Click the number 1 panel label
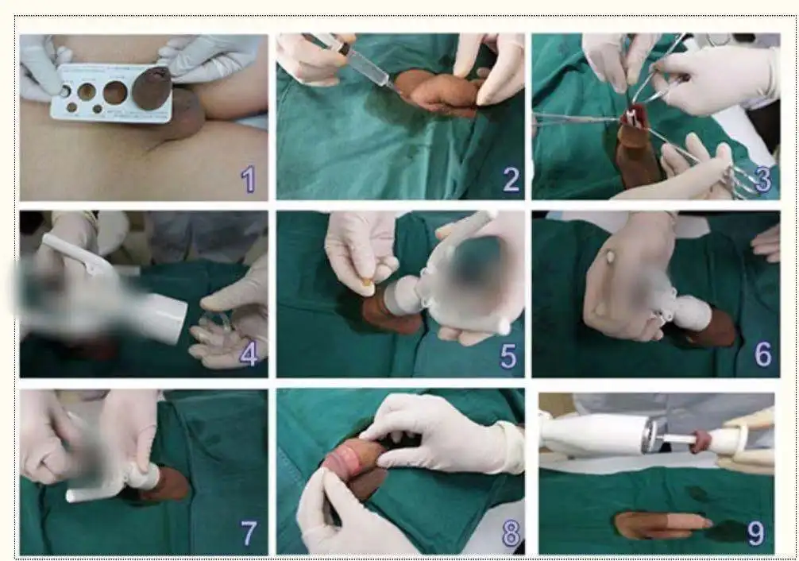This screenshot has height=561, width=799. pyautogui.click(x=249, y=180)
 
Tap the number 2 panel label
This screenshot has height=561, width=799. pyautogui.click(x=511, y=180)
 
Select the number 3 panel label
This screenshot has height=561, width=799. pyautogui.click(x=762, y=180)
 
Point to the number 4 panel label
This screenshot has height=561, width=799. pyautogui.click(x=249, y=354)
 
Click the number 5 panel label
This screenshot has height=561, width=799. pyautogui.click(x=508, y=356)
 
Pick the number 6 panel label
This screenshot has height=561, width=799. pyautogui.click(x=762, y=354)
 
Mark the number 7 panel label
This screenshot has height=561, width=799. pyautogui.click(x=249, y=533)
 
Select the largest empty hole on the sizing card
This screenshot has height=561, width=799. pyautogui.click(x=115, y=93)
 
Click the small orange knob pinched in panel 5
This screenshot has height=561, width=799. pyautogui.click(x=367, y=281)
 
